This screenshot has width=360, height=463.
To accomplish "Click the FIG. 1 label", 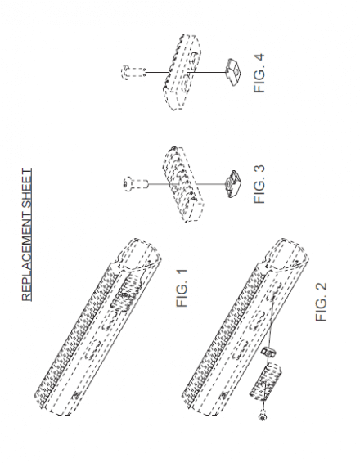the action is [x=182, y=288].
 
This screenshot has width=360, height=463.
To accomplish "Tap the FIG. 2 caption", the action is [x=322, y=302].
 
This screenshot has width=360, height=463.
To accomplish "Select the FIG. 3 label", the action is [x=259, y=184].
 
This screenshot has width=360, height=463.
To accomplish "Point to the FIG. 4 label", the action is [x=259, y=73].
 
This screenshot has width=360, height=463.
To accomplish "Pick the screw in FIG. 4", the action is [x=133, y=72].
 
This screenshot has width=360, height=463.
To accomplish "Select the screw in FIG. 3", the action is [x=135, y=184].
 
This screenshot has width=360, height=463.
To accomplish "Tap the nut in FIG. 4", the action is [x=233, y=72].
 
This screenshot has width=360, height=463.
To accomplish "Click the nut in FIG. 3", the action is [x=233, y=184].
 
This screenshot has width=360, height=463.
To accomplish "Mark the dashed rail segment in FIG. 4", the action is [x=182, y=72].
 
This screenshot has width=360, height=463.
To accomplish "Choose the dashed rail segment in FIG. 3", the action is [x=183, y=184].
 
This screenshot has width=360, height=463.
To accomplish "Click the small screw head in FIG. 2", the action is [x=263, y=417].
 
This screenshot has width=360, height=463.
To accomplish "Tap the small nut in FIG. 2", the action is [x=268, y=352].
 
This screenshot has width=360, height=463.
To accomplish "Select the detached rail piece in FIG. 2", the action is [x=265, y=382].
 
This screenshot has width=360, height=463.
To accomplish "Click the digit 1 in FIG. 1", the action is [x=182, y=272].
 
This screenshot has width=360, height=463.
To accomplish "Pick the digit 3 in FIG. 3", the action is [x=259, y=169].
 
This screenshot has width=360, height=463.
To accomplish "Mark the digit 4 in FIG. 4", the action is [x=259, y=58].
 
